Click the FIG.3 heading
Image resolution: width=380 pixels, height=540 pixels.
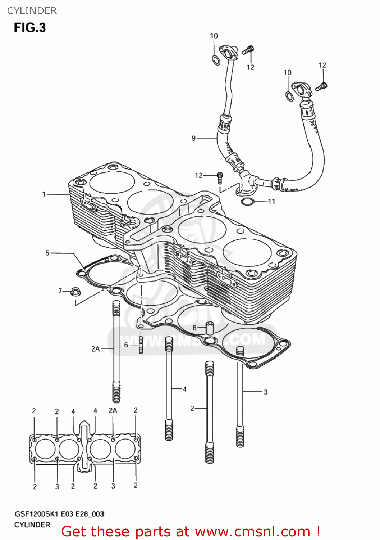coord(30,28)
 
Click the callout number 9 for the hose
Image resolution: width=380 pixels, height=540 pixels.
coord(193,138)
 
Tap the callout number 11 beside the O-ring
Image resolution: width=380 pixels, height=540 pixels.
coord(271,202)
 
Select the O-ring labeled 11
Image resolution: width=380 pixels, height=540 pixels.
coord(247,202)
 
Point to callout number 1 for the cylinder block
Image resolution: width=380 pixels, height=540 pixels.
coord(44,194)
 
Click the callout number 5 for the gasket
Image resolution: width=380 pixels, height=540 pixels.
coord(47,253)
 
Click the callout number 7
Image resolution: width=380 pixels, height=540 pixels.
coord(60,291)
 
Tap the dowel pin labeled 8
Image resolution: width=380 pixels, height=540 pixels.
coord(210,328)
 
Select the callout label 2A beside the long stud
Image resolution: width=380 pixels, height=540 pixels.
coord(95,349)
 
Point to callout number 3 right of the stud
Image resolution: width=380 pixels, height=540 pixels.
coord(266,392)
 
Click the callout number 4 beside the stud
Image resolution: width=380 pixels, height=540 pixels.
coord(184,389)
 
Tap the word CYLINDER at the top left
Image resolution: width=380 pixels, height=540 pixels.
coord(32,11)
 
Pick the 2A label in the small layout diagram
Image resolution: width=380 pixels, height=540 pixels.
coord(113,410)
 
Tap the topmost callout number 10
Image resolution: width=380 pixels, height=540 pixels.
coord(214,36)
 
